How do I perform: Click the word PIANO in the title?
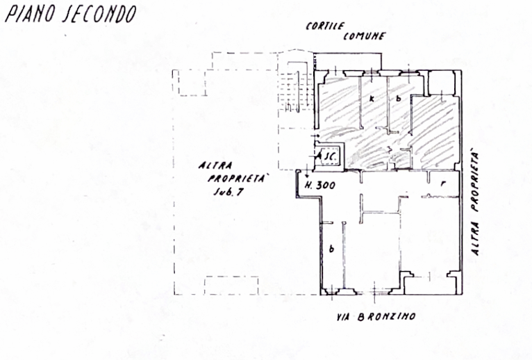[31, 15]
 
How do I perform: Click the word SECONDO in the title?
[100, 15]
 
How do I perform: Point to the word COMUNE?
[364, 36]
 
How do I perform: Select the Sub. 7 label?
[228, 192]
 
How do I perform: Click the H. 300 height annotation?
[320, 186]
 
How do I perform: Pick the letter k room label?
[372, 99]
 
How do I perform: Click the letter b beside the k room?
[399, 99]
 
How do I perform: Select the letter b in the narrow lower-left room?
[331, 249]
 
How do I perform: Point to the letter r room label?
[443, 183]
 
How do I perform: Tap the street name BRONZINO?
[387, 317]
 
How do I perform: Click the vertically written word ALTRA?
[475, 238]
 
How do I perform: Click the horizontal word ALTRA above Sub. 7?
[215, 165]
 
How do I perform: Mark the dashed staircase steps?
[294, 91]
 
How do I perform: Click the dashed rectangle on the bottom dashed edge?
[231, 286]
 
